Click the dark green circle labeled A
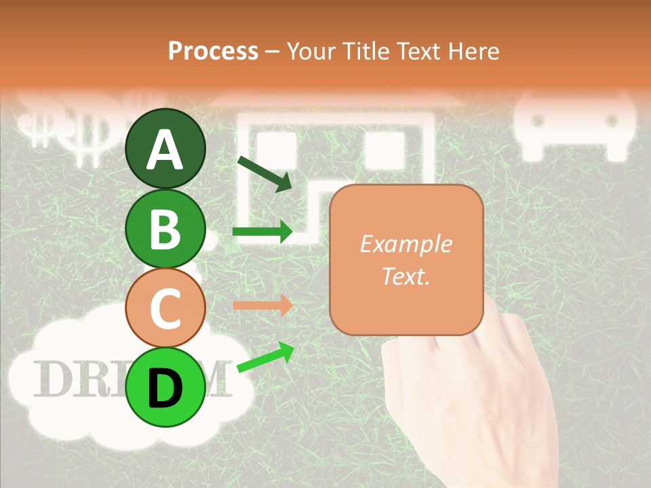click(x=165, y=148)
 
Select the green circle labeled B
click(x=165, y=228)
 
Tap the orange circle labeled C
click(x=165, y=308)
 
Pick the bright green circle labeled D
click(x=165, y=387)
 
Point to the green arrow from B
click(x=262, y=232)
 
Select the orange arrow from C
click(x=262, y=305)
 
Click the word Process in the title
click(x=213, y=51)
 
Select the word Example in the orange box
click(x=406, y=244)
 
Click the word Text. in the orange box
click(x=406, y=276)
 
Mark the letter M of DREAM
click(x=216, y=380)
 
